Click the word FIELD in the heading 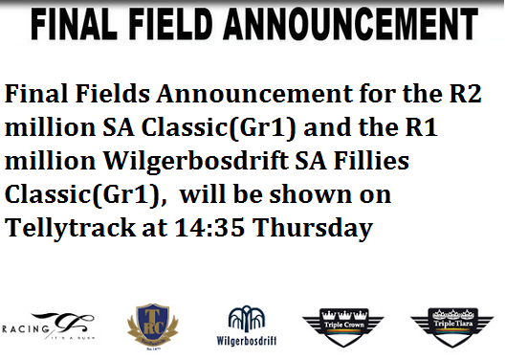188,26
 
